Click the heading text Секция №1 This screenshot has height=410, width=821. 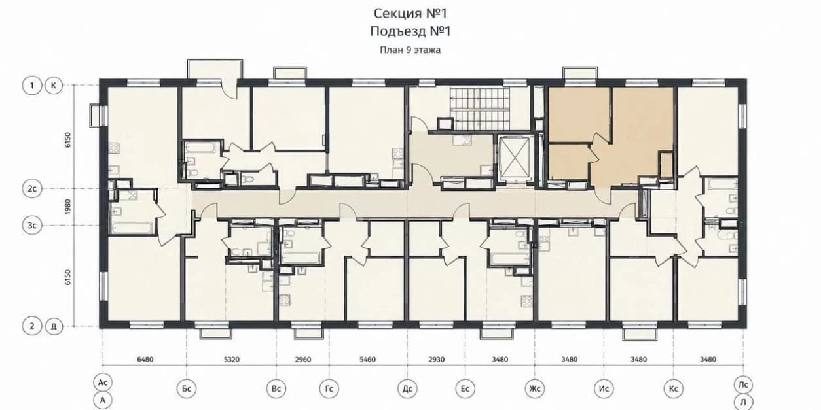point(410,14)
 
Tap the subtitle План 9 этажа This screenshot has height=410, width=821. point(410,50)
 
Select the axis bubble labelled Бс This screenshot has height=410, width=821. point(187,388)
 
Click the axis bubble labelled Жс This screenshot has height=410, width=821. point(535,388)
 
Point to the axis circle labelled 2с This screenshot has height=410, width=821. point(32,189)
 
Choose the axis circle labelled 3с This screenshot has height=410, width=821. point(32,225)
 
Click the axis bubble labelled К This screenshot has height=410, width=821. point(54,86)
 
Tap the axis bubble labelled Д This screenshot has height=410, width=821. point(54,326)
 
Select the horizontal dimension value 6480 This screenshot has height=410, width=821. point(145,360)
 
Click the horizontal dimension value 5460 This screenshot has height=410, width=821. point(368,360)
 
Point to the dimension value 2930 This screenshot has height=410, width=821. point(437,360)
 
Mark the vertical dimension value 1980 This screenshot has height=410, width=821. point(68,207)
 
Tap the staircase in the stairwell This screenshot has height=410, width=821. point(480,109)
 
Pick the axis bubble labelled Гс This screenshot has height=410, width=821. point(329,388)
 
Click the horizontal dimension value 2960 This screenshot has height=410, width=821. point(303,360)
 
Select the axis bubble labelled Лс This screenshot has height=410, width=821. point(743,384)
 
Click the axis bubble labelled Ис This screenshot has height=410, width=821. point(604,388)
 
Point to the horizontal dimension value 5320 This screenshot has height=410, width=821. point(232,360)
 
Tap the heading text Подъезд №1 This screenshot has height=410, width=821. point(410,31)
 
